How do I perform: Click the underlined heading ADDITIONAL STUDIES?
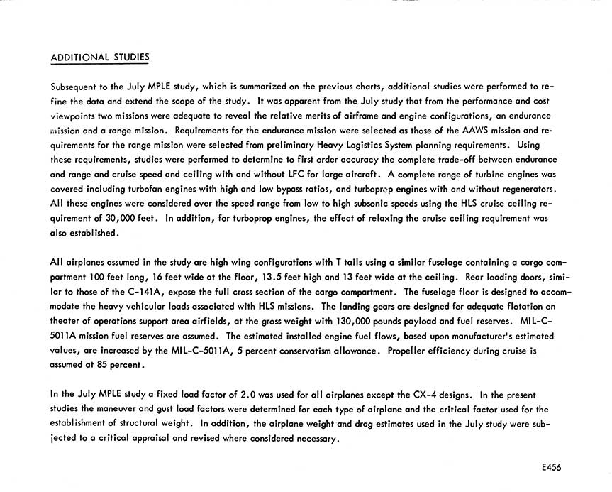(100, 57)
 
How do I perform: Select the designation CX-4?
(423, 394)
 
